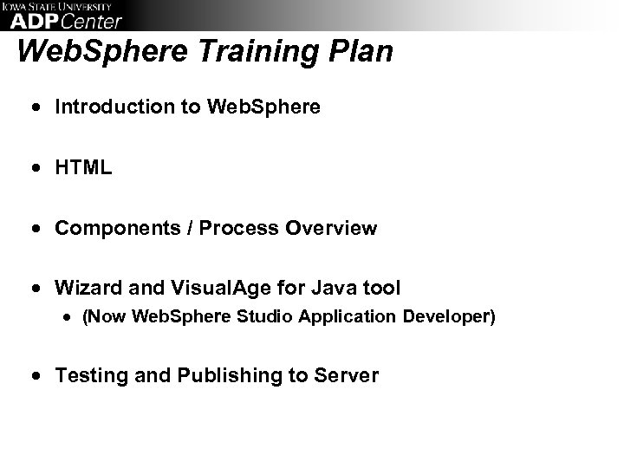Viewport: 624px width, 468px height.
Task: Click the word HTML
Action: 83,168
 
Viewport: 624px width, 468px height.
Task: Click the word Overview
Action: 334,229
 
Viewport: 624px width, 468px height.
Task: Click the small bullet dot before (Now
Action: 66,318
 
